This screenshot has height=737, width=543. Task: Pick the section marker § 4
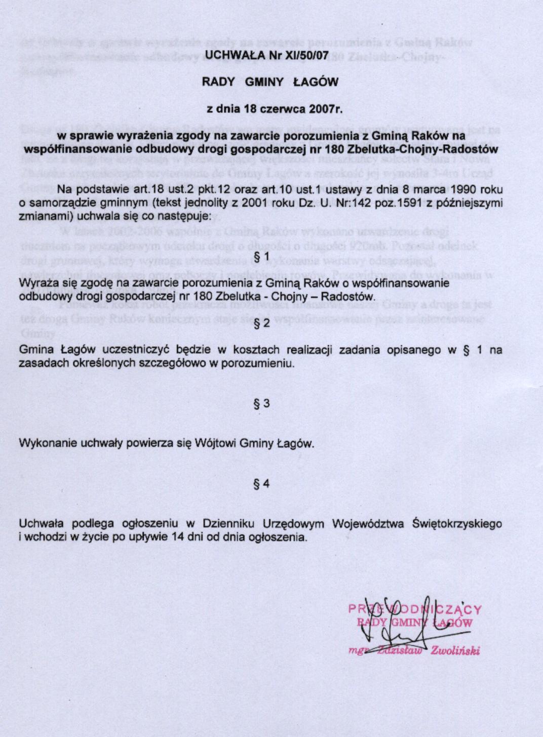[x=262, y=483]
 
